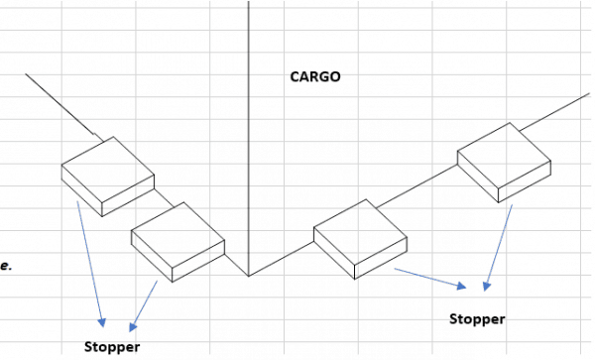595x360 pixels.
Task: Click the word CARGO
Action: (x=314, y=75)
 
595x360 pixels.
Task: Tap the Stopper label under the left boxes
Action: (x=112, y=347)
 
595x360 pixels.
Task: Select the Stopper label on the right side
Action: (x=477, y=318)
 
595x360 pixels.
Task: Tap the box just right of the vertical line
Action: (x=360, y=238)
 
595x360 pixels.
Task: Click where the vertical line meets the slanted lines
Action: (x=248, y=276)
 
